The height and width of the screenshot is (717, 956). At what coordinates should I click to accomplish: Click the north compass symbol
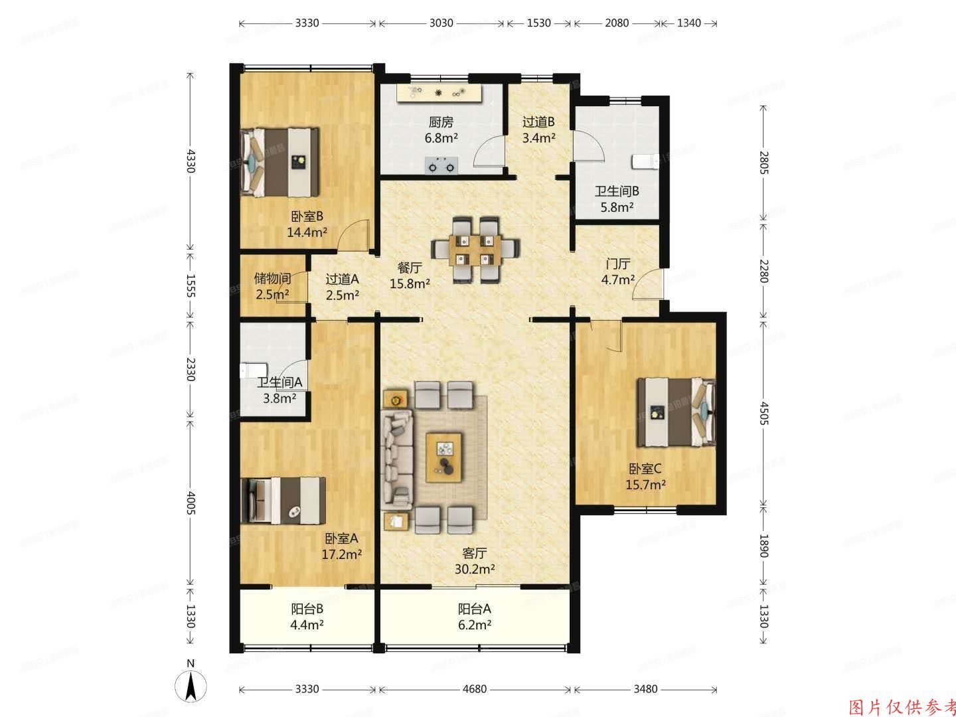(191, 684)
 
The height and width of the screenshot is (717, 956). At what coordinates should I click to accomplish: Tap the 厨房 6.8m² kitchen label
(441, 130)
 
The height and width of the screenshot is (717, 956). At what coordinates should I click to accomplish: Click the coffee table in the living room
(444, 457)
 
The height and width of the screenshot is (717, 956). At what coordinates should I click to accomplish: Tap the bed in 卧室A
(283, 501)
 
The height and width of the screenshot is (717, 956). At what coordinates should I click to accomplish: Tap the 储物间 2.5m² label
(273, 286)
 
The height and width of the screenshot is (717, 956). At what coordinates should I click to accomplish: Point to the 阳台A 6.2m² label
(474, 616)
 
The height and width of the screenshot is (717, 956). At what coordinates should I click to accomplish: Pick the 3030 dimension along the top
(441, 23)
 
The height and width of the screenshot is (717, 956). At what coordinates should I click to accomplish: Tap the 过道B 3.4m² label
(538, 130)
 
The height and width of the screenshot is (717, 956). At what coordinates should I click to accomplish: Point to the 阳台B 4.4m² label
(307, 616)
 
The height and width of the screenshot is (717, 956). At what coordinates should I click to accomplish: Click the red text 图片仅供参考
(902, 706)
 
